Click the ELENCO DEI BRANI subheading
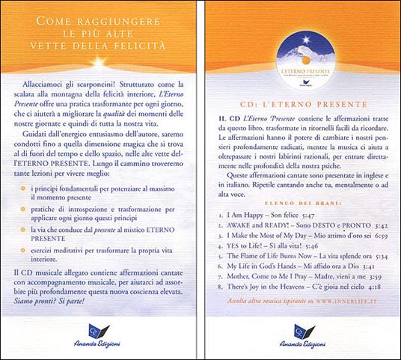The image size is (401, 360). tap(299, 203)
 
